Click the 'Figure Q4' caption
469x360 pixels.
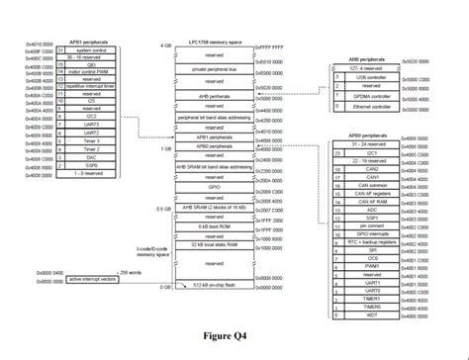pyautogui.click(x=232, y=335)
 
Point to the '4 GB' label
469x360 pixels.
pyautogui.click(x=165, y=46)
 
